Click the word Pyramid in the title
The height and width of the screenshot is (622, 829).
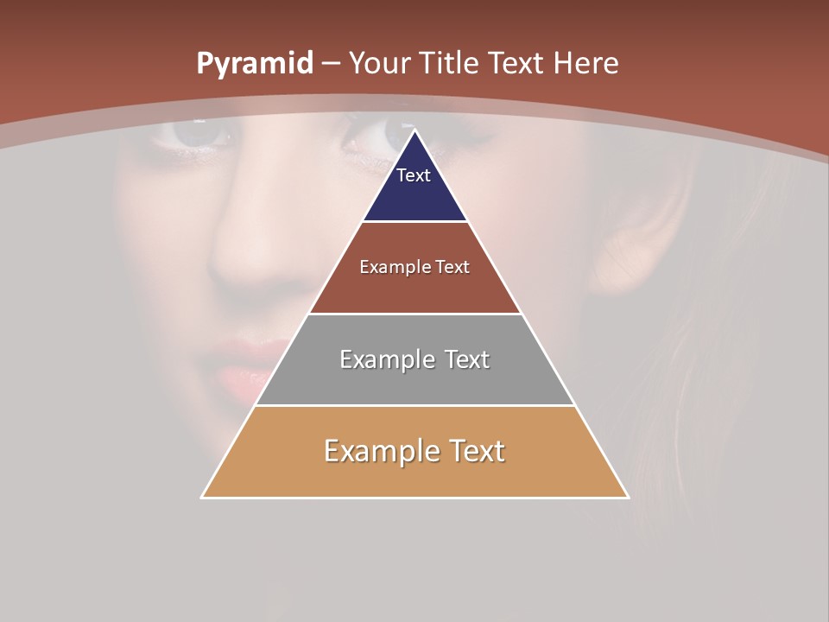point(255,64)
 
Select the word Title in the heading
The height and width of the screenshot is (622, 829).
point(449,63)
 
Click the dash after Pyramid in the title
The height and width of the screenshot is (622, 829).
point(330,64)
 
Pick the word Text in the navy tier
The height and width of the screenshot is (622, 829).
point(414,175)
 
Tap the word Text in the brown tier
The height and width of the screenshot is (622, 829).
point(452,267)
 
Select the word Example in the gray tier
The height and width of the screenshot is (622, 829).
point(385,359)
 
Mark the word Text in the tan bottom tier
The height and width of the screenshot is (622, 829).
point(476,451)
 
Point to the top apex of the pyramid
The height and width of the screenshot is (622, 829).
point(414,130)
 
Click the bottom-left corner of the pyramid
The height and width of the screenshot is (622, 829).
point(202,498)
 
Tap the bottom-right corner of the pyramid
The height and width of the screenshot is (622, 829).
point(628,498)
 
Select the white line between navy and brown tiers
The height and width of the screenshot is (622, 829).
point(414,222)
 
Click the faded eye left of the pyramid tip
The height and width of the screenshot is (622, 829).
point(197,133)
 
